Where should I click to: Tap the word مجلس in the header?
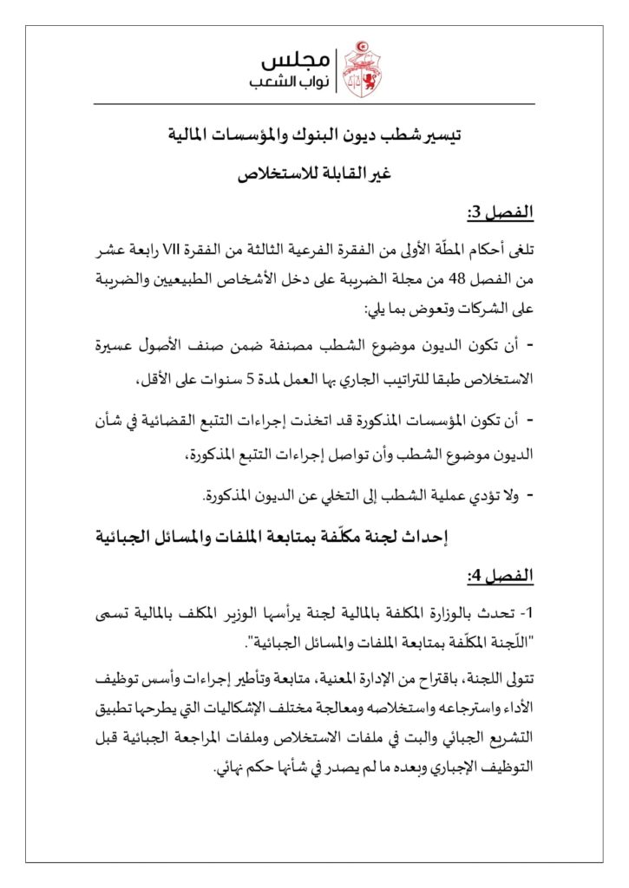[296, 58]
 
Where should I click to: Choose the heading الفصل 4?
[501, 576]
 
